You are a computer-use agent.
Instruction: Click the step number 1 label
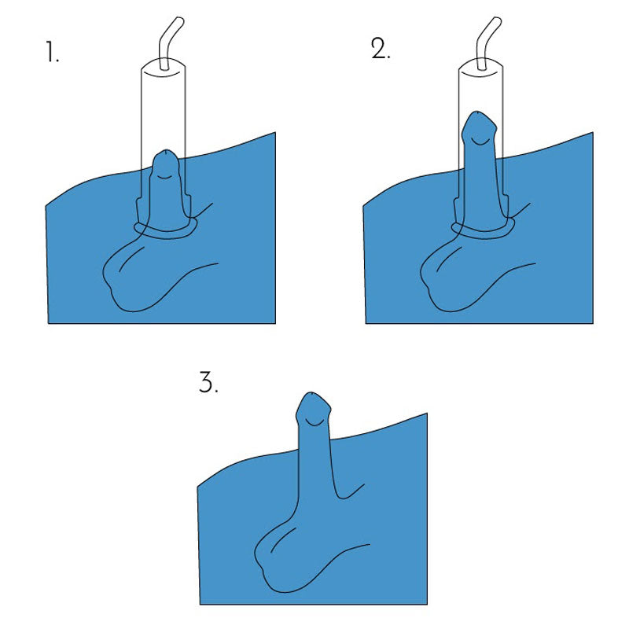(52, 54)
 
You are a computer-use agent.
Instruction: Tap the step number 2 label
(381, 49)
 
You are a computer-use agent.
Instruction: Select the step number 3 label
(208, 383)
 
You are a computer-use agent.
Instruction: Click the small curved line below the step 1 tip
(163, 178)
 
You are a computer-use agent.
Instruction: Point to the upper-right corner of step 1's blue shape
(274, 134)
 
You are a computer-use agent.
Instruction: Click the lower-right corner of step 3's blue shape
(426, 602)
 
